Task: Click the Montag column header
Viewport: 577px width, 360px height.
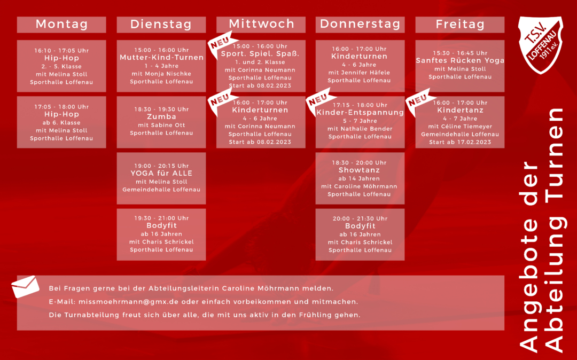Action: click(x=61, y=24)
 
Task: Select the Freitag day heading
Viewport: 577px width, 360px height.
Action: click(x=460, y=24)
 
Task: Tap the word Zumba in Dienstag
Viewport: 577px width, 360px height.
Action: click(x=161, y=116)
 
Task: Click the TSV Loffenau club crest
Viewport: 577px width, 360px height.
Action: click(x=540, y=44)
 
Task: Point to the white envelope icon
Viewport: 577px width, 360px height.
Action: click(x=26, y=287)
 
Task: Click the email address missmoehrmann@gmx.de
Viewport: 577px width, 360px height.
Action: click(x=128, y=302)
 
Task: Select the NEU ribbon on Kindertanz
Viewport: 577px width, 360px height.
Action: click(x=418, y=101)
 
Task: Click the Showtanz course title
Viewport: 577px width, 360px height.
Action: click(x=359, y=170)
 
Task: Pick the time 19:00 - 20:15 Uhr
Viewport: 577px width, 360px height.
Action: click(x=161, y=166)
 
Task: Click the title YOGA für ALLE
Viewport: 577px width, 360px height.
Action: click(x=161, y=173)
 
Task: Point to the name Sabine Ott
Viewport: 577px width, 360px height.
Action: click(x=167, y=125)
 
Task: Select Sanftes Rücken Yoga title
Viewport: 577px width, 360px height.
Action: click(x=460, y=61)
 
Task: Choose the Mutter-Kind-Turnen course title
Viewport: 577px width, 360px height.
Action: click(x=161, y=58)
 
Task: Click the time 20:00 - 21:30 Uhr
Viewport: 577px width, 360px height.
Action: click(x=360, y=218)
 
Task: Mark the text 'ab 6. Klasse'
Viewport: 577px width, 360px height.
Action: click(x=61, y=123)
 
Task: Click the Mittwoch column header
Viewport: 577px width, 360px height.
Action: click(x=261, y=24)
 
